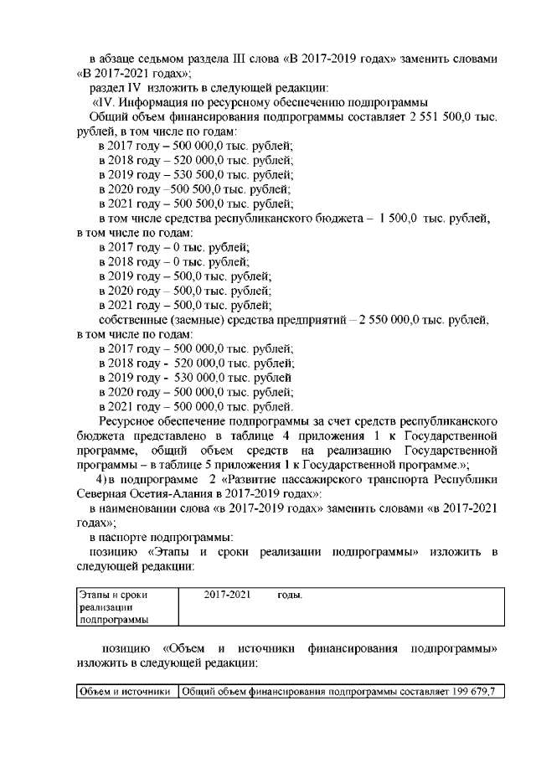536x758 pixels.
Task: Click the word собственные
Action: (135, 319)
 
